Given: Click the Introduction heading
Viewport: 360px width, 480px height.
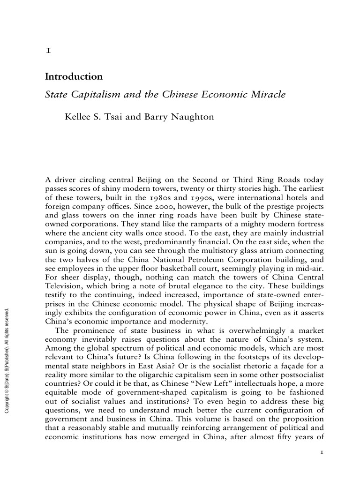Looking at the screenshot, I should point(74,76).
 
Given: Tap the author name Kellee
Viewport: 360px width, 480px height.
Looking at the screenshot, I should point(78,117).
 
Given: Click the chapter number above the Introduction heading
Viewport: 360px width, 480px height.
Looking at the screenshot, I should point(47,52).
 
